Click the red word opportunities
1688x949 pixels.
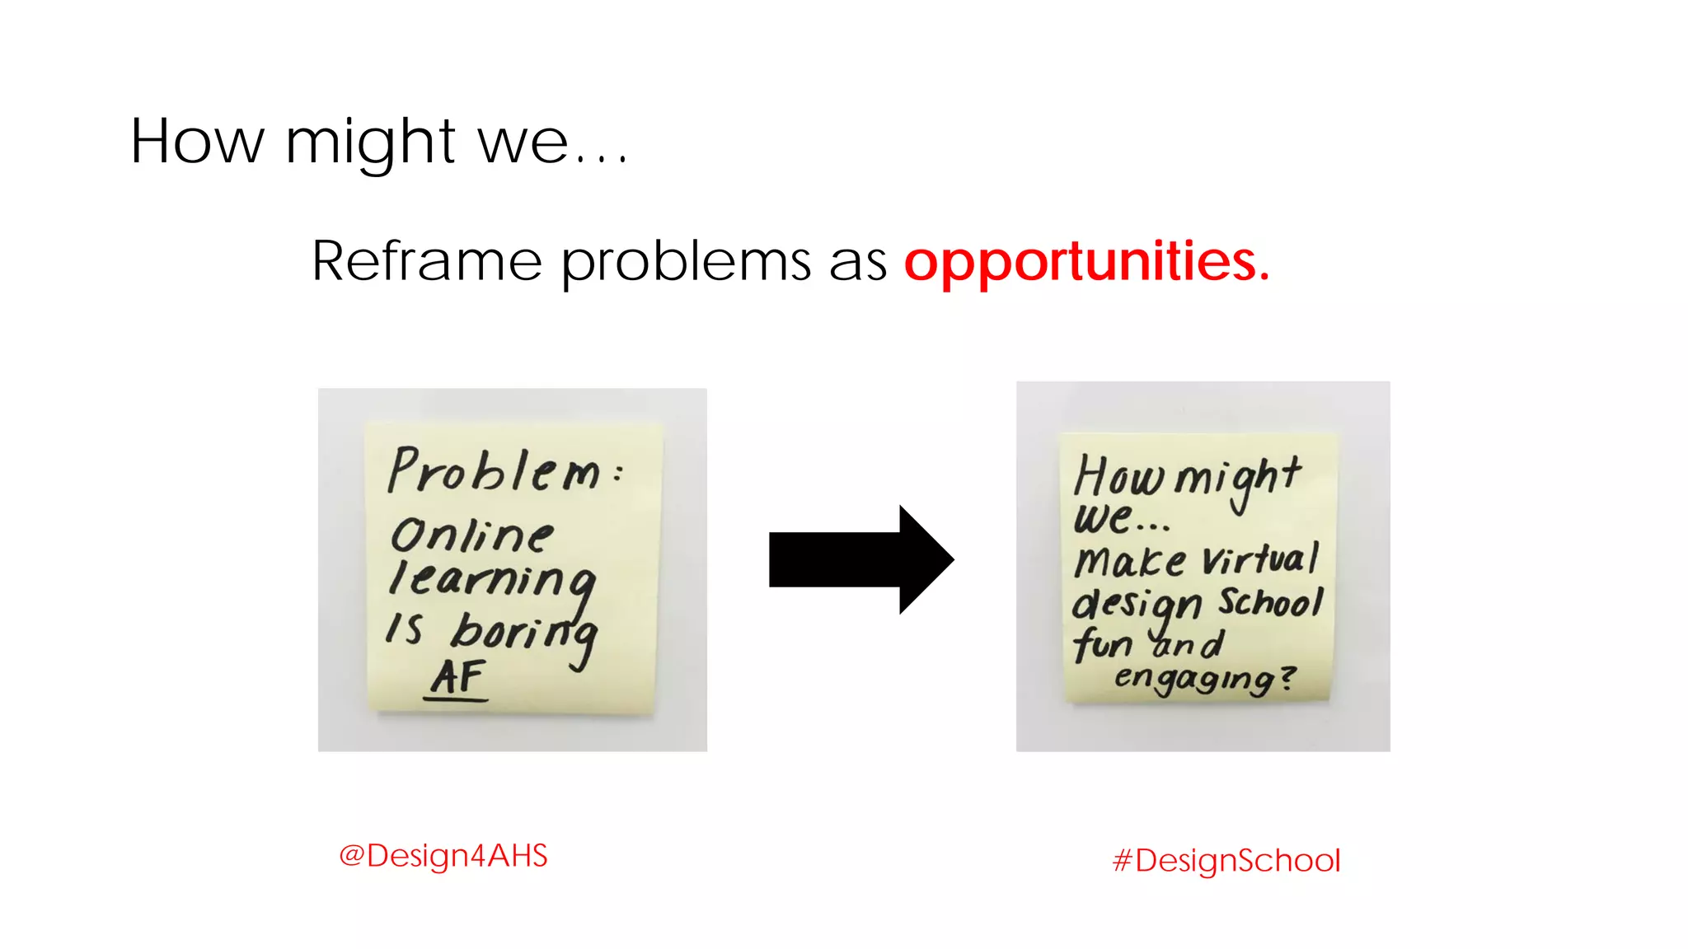pos(1086,262)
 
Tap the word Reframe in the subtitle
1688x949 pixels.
pos(427,262)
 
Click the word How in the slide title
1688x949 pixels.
pos(197,142)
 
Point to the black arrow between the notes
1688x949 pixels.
pos(860,559)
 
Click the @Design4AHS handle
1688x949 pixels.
pos(443,856)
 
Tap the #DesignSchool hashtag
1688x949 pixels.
pos(1226,861)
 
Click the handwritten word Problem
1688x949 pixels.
pos(495,471)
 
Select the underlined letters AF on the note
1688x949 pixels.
pos(457,678)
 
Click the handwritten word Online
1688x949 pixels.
pos(472,535)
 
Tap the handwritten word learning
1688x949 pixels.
pos(492,579)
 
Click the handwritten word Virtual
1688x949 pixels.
pos(1260,559)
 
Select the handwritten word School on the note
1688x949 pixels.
pos(1271,601)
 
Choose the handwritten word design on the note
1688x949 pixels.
pos(1137,605)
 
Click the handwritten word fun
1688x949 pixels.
pos(1103,643)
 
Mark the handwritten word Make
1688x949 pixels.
pos(1130,563)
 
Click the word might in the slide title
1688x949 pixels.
pos(370,142)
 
